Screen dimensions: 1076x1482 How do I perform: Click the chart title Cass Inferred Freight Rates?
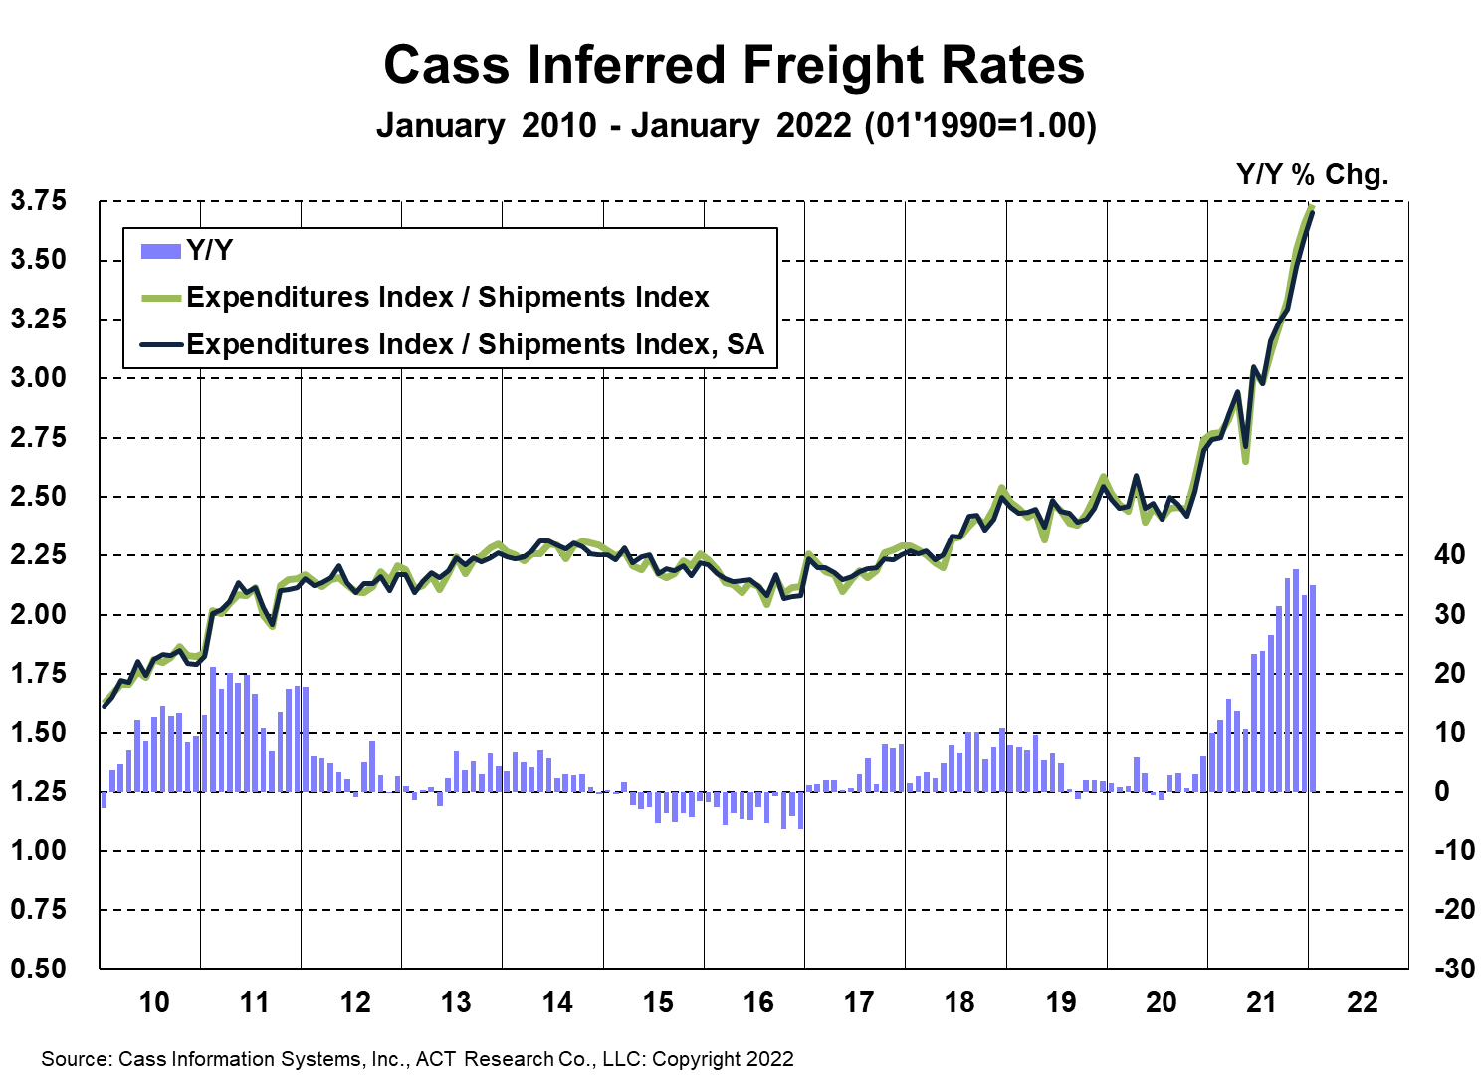coord(734,66)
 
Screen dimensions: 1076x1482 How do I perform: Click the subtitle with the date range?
coord(736,126)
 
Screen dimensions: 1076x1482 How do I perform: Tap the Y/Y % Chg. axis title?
coord(1311,175)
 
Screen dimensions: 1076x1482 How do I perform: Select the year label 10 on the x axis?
coord(154,1002)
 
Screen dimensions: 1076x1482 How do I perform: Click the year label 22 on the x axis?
coord(1362,1002)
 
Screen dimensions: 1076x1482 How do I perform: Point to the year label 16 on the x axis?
coord(758,1002)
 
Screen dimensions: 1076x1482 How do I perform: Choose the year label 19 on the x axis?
coord(1060,1002)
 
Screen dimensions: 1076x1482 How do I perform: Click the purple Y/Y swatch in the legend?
coord(160,251)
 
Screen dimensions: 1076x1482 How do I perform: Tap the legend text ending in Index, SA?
coord(475,344)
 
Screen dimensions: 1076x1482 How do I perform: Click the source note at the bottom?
coord(417,1058)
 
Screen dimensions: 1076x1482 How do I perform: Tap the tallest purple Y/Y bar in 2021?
coord(1295,570)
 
